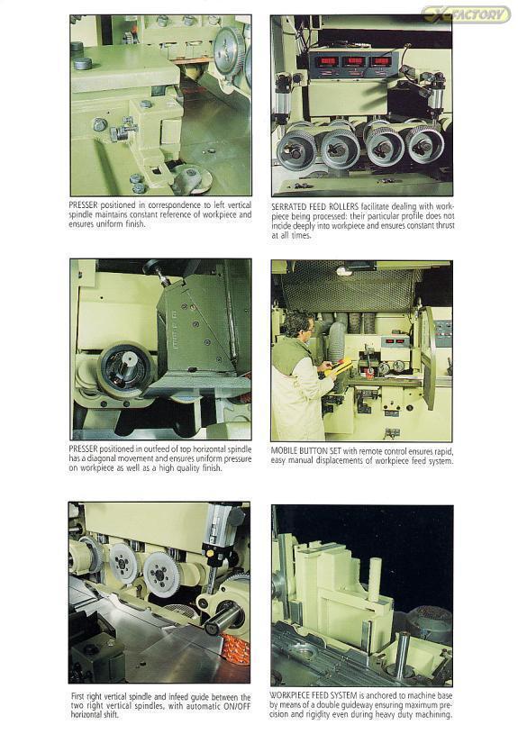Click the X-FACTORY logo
pyautogui.click(x=466, y=14)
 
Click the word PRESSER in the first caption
pyautogui.click(x=84, y=205)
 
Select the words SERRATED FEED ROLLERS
pyautogui.click(x=314, y=206)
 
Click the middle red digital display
pyautogui.click(x=355, y=61)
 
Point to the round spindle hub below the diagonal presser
pyautogui.click(x=125, y=371)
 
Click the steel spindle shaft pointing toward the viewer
pyautogui.click(x=222, y=619)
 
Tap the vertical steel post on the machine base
pyautogui.click(x=403, y=655)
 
